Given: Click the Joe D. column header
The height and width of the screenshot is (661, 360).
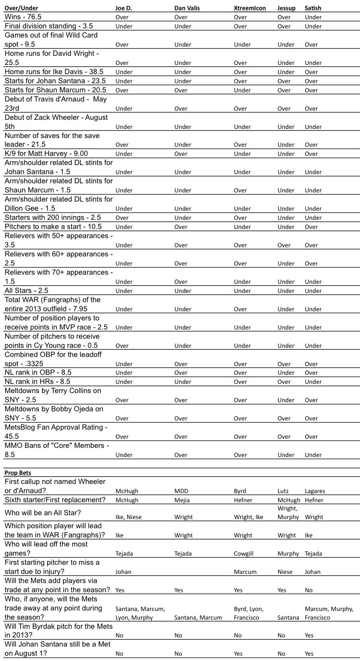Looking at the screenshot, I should pyautogui.click(x=125, y=8).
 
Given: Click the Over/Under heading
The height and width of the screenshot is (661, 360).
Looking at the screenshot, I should pyautogui.click(x=21, y=8).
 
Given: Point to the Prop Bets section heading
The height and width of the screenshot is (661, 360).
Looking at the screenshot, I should pyautogui.click(x=18, y=473).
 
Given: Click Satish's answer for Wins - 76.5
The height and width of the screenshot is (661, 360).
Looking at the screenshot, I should pyautogui.click(x=313, y=17).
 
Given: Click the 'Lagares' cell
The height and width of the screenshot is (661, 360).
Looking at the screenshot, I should pyautogui.click(x=315, y=491).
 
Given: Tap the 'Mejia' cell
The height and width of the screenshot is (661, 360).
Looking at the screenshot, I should pyautogui.click(x=182, y=500).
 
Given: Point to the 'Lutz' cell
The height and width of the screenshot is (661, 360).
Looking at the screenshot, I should pyautogui.click(x=283, y=491).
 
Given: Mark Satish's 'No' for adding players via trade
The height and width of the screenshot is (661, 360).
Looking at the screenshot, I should pyautogui.click(x=309, y=590).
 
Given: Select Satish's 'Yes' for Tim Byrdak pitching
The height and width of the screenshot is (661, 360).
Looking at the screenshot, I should pyautogui.click(x=309, y=636).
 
